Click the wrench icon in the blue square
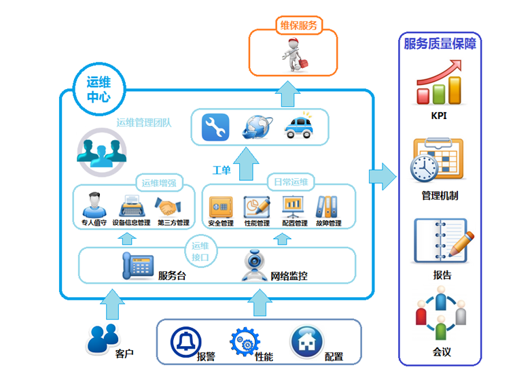tap(215, 127)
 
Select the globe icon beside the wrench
tap(258, 126)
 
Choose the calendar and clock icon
tap(436, 160)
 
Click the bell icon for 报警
tap(185, 341)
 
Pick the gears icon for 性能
tap(245, 342)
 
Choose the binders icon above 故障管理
tap(327, 207)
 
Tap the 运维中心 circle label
tap(99, 88)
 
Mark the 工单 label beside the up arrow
tap(221, 170)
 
